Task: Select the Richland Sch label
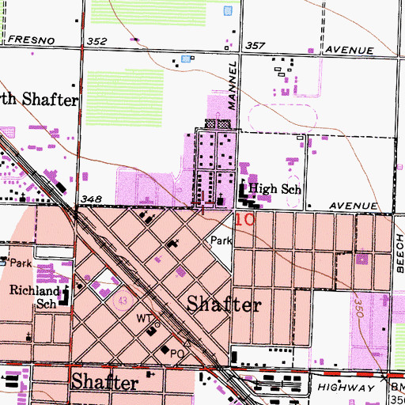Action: tap(34, 296)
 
